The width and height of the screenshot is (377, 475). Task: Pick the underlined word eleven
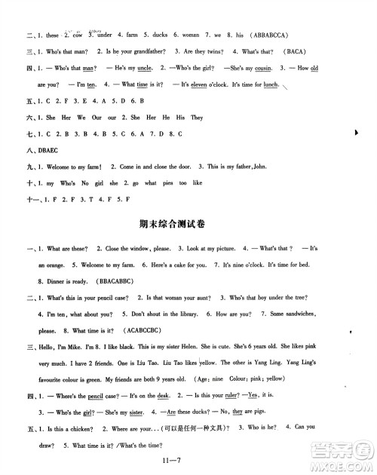point(199,85)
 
